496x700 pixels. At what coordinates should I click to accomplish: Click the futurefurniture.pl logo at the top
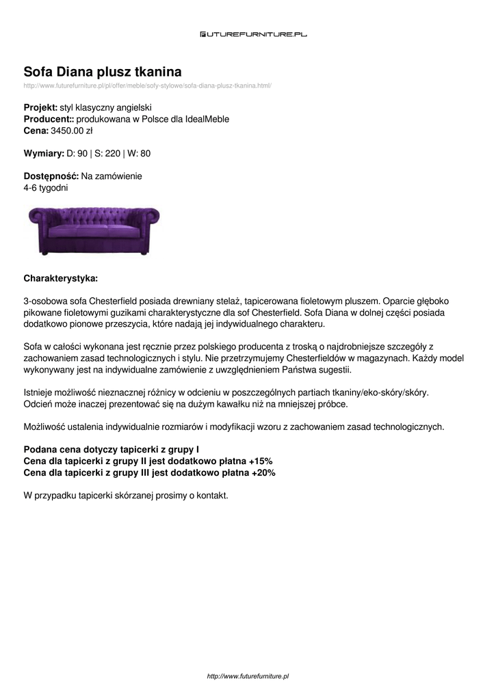coord(253,33)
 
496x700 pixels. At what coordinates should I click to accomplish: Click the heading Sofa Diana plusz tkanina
coord(103,72)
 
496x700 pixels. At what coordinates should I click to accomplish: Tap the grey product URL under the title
coord(148,85)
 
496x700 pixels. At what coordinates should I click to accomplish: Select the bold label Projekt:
coord(40,108)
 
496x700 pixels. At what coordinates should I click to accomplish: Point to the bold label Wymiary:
coord(44,153)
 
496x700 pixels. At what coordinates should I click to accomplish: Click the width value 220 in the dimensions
coord(112,153)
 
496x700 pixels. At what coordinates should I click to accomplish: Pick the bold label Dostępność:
coord(51,176)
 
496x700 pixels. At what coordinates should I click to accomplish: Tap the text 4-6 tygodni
coord(46,187)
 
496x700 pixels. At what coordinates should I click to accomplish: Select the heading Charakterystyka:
coord(61,278)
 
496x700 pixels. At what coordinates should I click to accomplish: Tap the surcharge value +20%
coord(263,472)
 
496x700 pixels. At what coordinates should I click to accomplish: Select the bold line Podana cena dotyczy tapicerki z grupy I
coord(112,450)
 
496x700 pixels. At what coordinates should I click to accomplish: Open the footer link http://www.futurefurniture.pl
coord(248,676)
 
